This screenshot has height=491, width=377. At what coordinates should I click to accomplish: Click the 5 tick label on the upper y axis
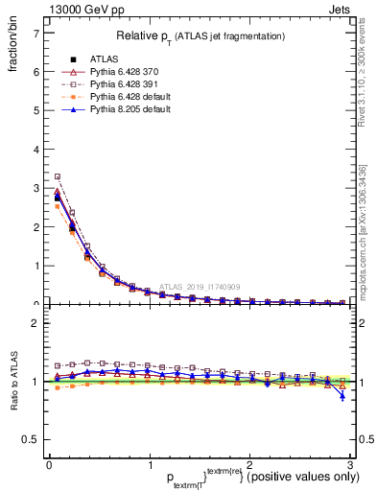point(35,110)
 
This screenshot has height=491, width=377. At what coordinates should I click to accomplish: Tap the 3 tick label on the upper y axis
point(35,188)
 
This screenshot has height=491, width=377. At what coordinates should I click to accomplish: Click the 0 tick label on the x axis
point(48,465)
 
